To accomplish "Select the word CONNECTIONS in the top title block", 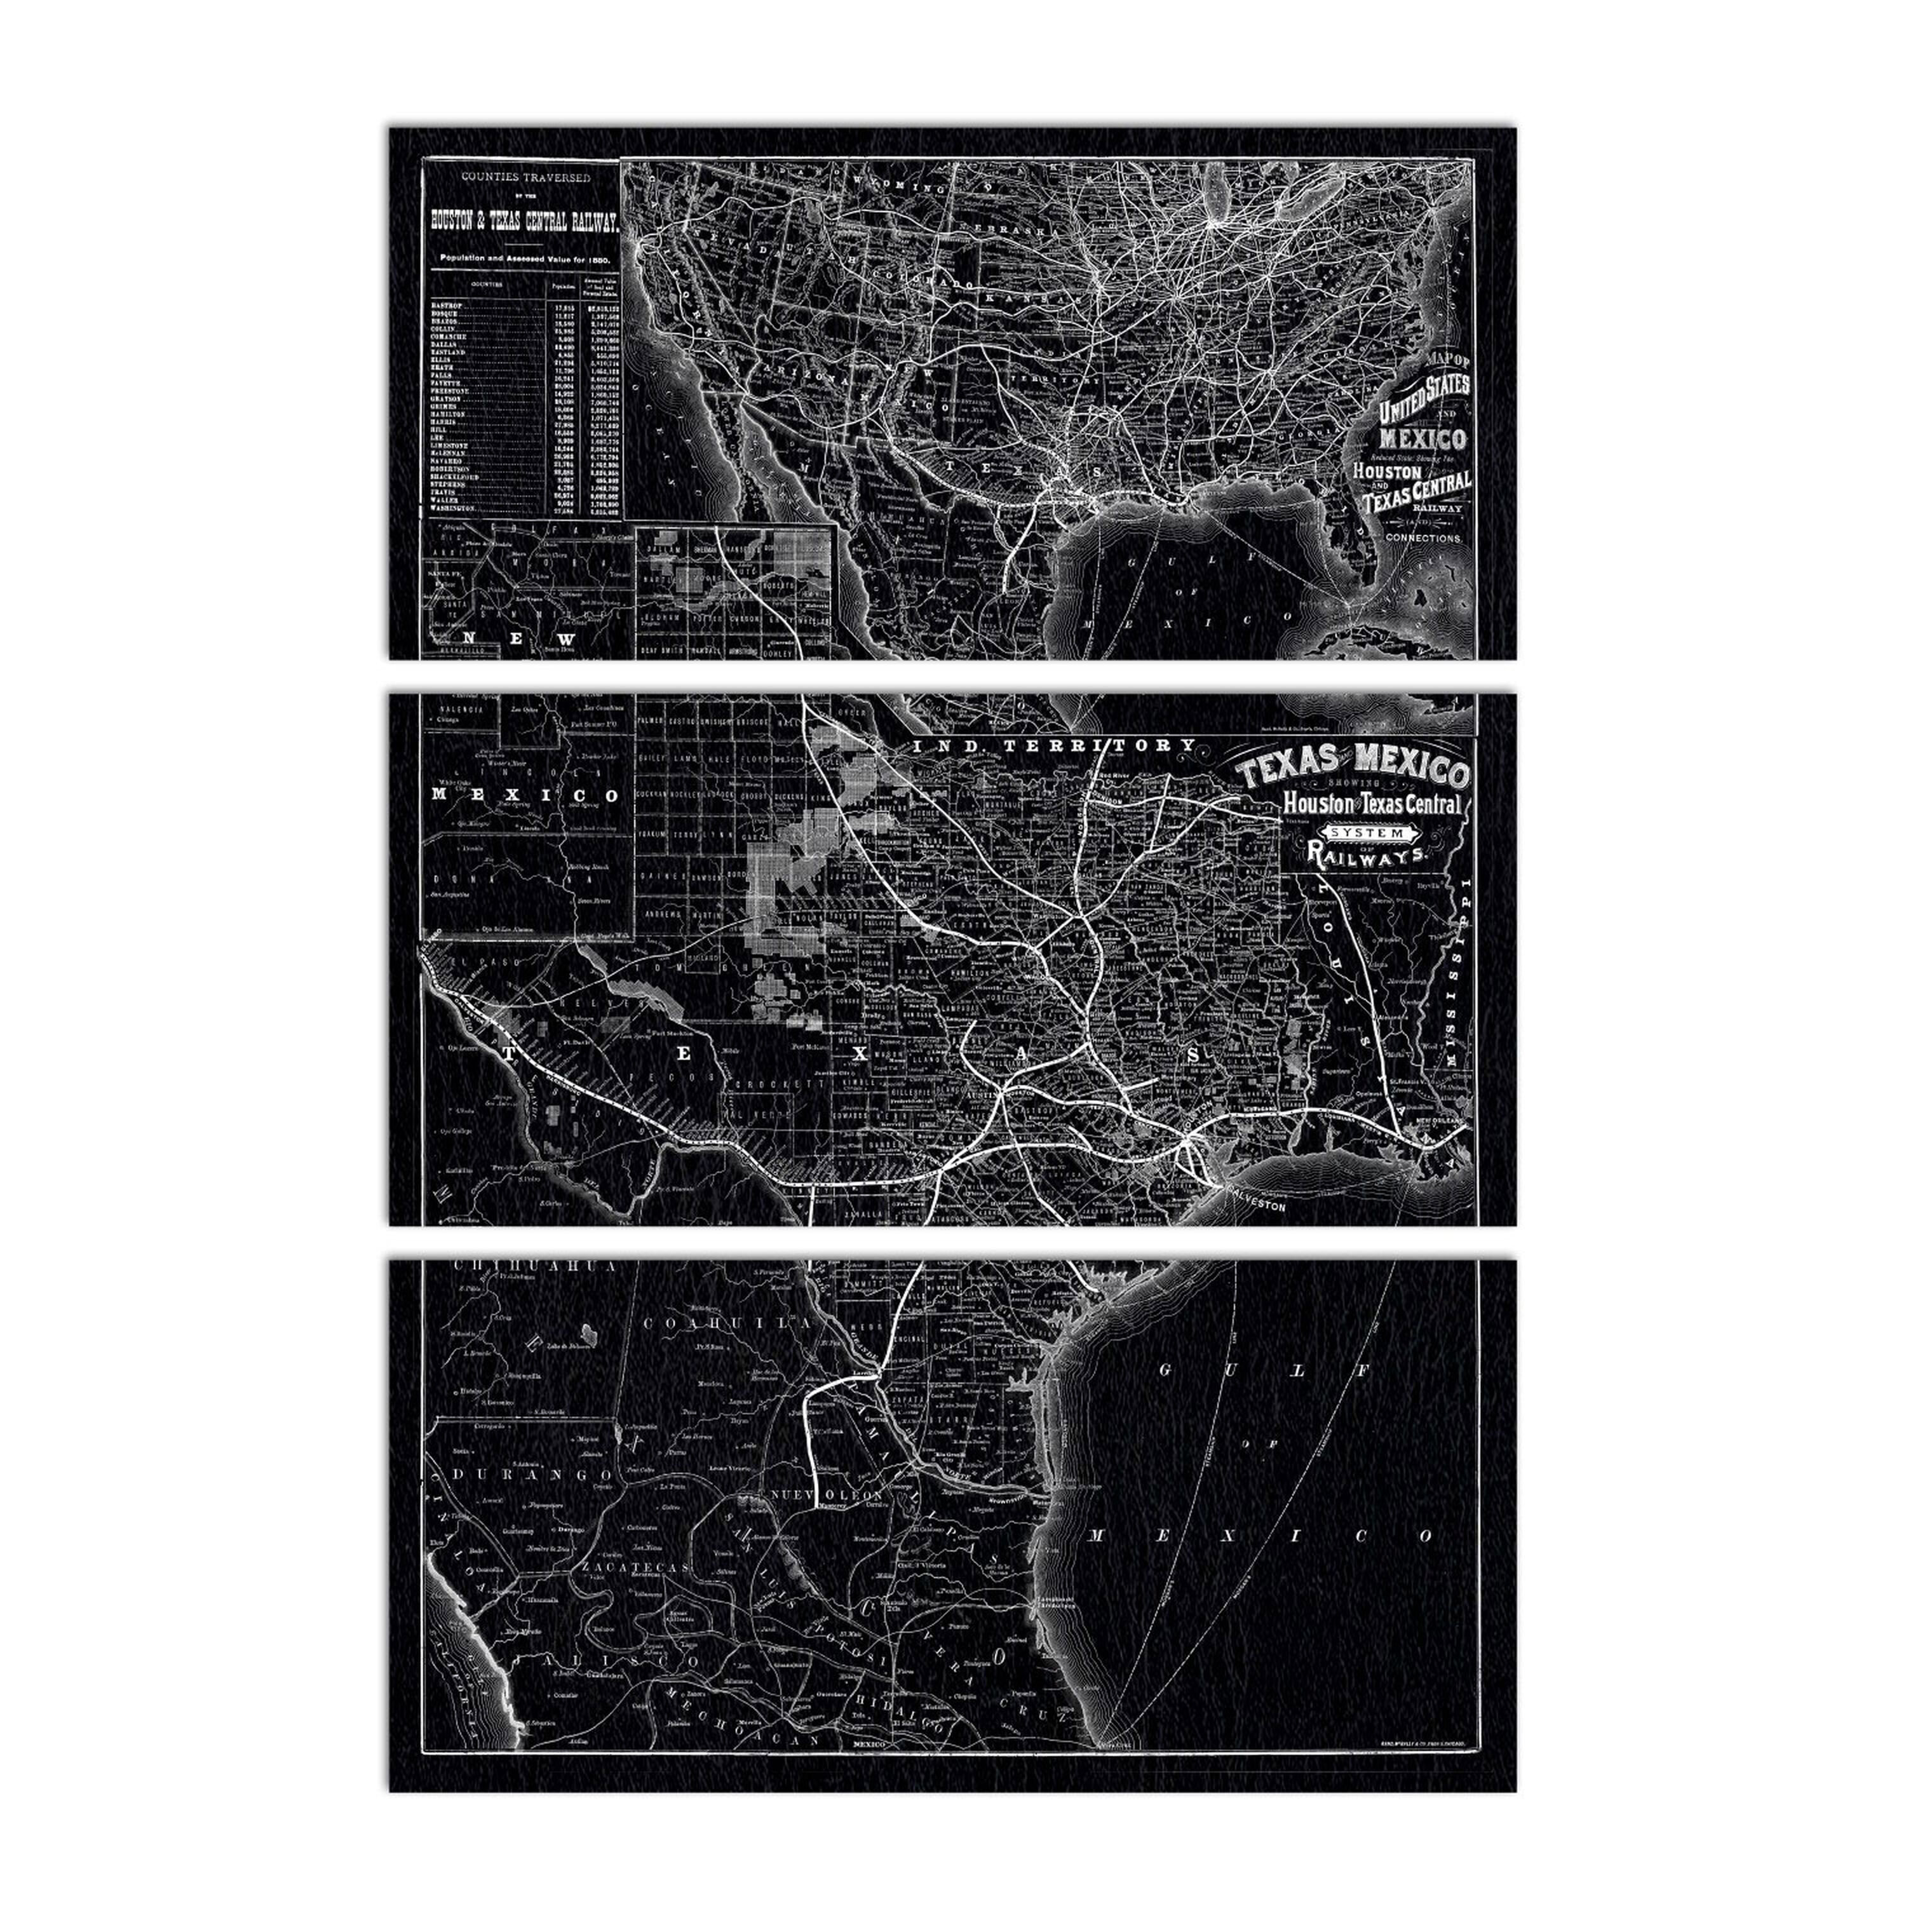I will (x=1423, y=539).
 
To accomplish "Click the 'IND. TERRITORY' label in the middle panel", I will (x=1055, y=746).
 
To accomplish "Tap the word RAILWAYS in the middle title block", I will (x=1367, y=856).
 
